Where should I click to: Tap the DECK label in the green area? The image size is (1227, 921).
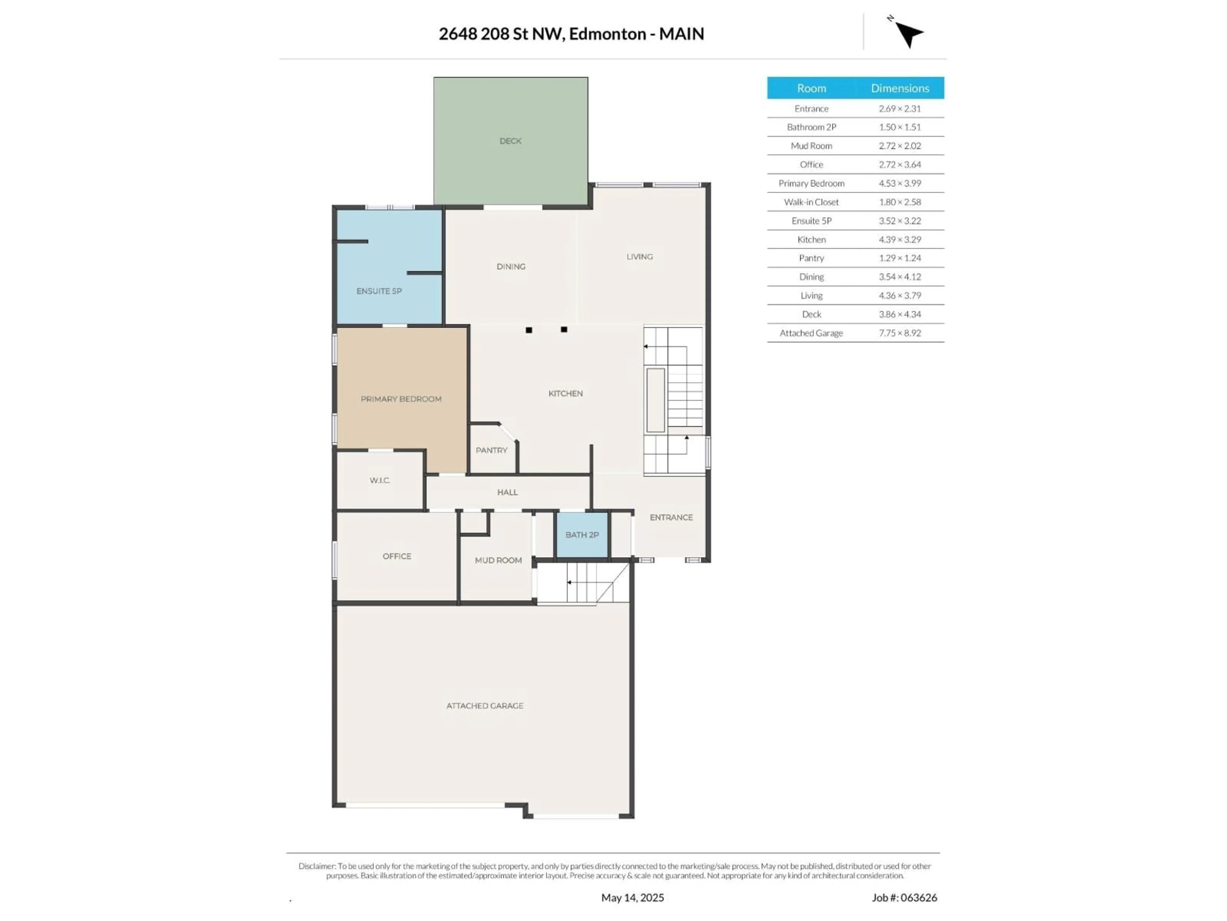tap(510, 141)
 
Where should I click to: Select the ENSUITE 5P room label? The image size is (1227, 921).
tap(379, 291)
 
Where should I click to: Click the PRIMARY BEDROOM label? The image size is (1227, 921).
tap(401, 398)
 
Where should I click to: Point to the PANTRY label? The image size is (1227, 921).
tap(491, 450)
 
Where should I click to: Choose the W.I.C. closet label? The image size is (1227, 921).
tap(380, 480)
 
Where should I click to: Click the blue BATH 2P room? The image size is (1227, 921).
tap(582, 535)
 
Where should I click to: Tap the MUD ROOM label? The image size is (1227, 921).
tap(498, 560)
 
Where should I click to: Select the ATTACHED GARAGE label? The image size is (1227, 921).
tap(485, 705)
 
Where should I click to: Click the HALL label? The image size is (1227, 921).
tap(507, 492)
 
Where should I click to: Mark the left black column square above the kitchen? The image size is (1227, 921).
tap(529, 330)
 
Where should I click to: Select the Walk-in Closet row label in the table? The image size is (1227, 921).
tap(811, 202)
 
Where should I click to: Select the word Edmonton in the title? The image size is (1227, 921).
tap(607, 34)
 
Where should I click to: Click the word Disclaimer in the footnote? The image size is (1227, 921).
tap(317, 866)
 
